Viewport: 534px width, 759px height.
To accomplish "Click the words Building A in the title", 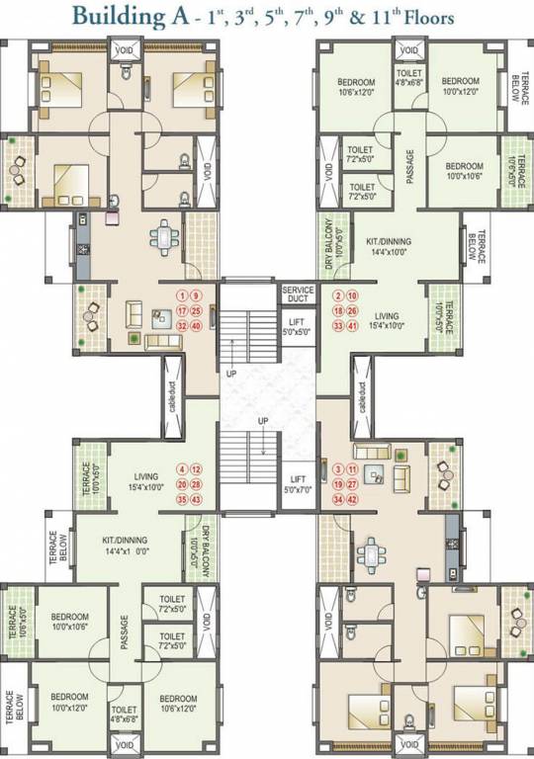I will point(137,17).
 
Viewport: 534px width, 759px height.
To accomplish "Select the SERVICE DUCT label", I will point(298,295).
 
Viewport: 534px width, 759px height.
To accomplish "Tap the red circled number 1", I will point(182,295).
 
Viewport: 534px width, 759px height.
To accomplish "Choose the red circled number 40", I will point(196,325).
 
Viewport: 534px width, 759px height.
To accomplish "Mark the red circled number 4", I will point(182,469).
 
